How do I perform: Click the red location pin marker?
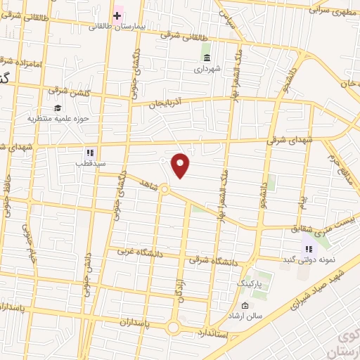(181, 165)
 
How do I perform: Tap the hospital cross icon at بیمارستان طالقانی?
(117, 15)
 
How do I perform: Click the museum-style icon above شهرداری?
(206, 58)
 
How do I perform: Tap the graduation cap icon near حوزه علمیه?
(56, 108)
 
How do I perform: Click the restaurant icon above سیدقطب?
(89, 152)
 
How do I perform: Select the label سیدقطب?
(89, 163)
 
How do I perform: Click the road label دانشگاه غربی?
(134, 251)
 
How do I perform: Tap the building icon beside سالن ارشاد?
(245, 305)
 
